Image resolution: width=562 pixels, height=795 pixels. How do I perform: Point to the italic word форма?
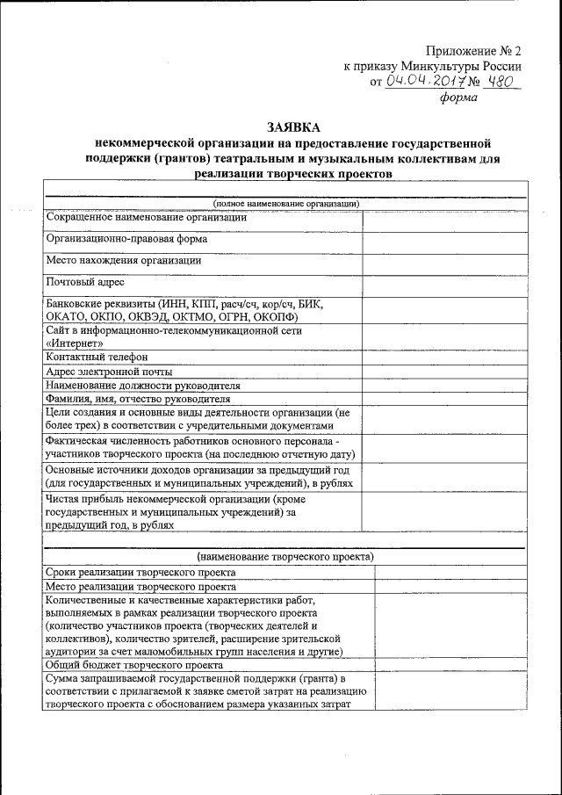pyautogui.click(x=458, y=98)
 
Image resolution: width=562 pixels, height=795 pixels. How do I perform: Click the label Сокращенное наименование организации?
pyautogui.click(x=146, y=217)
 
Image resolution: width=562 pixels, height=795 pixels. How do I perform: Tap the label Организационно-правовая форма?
pyautogui.click(x=126, y=239)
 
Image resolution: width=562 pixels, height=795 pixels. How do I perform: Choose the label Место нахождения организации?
pyautogui.click(x=123, y=261)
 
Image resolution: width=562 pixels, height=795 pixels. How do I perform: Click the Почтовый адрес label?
pyautogui.click(x=85, y=283)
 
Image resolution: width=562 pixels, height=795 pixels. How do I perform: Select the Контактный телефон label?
pyautogui.click(x=97, y=358)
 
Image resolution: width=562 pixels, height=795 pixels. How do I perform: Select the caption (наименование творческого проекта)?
pyautogui.click(x=286, y=557)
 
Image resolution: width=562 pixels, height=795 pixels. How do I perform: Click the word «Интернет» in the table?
pyautogui.click(x=76, y=343)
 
